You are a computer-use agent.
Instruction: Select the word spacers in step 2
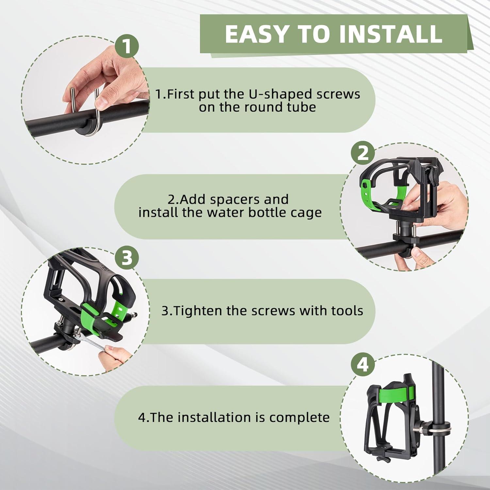[x=238, y=200]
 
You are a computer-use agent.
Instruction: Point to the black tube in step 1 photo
[x=91, y=118]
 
